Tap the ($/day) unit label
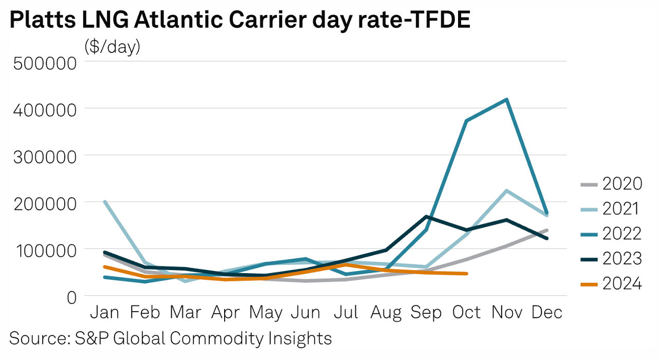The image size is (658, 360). coord(112,47)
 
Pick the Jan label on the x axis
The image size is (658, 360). coord(105,312)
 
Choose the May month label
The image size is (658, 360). coord(267,312)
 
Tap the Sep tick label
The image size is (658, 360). coord(427,312)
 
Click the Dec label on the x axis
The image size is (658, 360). coord(547,312)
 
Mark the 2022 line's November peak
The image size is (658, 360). coord(507,99)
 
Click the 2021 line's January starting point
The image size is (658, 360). coord(105,202)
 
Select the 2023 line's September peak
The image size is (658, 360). coord(427,217)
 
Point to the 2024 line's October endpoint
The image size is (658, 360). coord(466,274)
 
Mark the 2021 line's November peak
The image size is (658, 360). coord(507,191)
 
